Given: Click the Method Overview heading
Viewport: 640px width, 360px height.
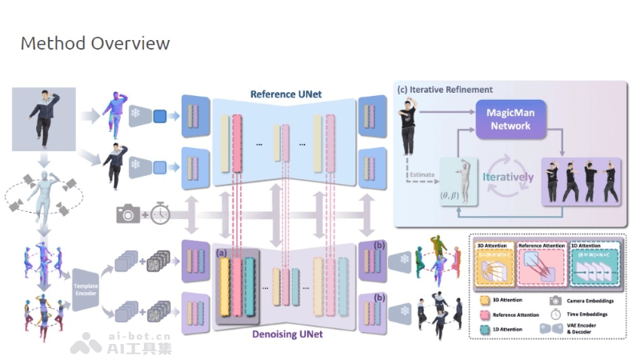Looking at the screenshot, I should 94,43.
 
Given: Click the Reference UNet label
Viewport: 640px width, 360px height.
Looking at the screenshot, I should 286,94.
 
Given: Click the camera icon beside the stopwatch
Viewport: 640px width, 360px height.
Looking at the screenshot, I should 129,214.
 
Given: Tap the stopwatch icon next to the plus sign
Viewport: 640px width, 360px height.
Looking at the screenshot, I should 162,213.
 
